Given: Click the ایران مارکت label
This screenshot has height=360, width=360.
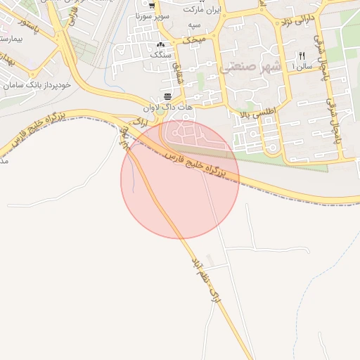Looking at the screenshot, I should point(202,11).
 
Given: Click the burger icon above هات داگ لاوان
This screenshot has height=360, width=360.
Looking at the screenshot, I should point(167,96).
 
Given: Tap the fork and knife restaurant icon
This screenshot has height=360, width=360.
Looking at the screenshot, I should point(302,56).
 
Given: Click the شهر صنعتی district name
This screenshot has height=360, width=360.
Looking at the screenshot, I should point(250,67).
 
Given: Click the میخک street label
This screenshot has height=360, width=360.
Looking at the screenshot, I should point(195,41).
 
